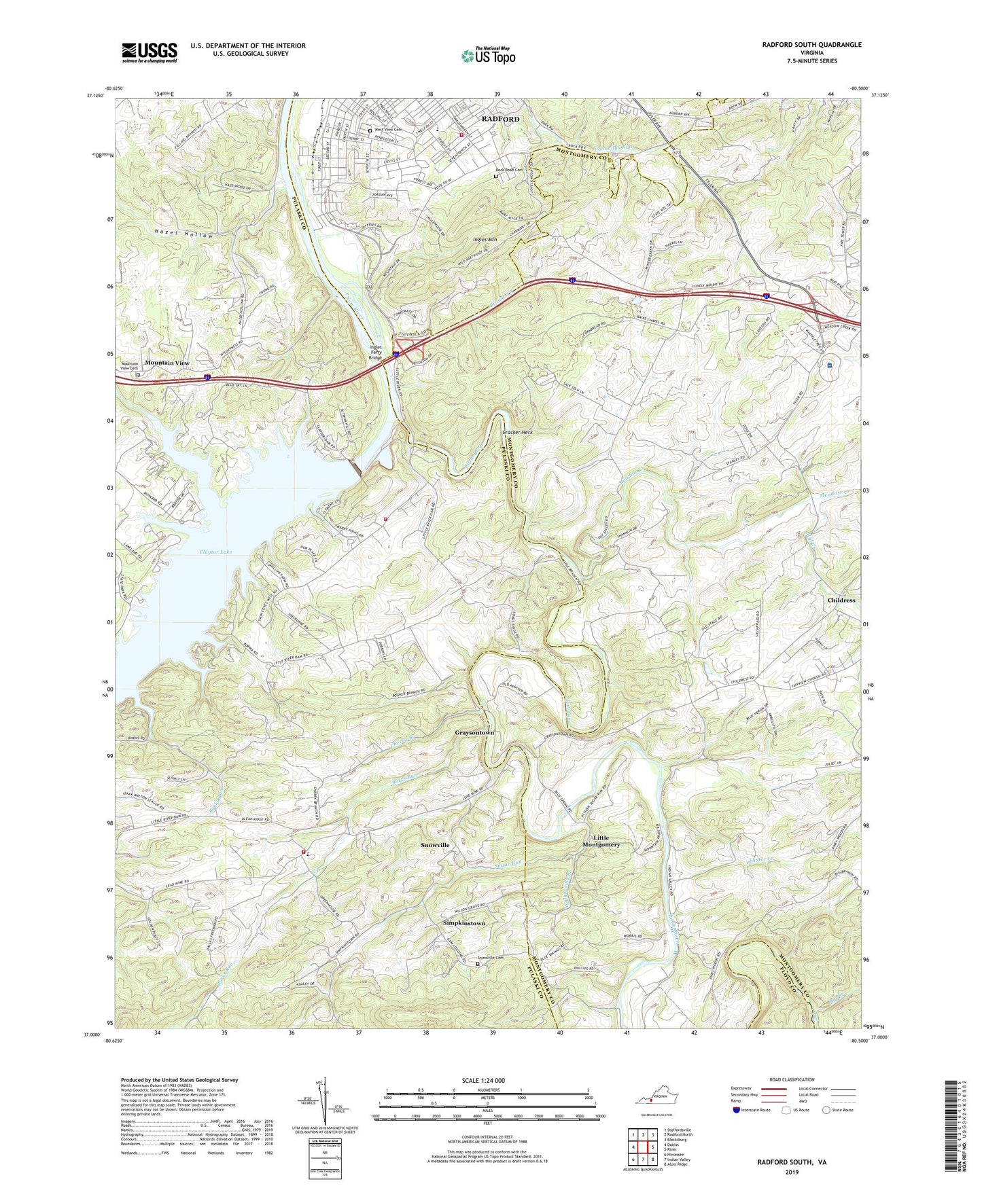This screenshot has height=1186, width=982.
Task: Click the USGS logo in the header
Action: [x=150, y=52]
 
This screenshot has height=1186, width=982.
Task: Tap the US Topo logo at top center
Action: [x=488, y=56]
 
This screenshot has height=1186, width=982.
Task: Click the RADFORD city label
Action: [x=500, y=119]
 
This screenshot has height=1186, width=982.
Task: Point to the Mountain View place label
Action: [x=167, y=363]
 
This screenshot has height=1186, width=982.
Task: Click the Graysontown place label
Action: [x=474, y=733]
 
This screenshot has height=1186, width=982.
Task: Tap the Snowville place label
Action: [x=435, y=845]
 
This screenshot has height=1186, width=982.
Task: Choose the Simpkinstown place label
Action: [x=464, y=923]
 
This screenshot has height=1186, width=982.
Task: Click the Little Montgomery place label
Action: [x=601, y=841]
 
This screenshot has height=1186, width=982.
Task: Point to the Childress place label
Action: [x=841, y=600]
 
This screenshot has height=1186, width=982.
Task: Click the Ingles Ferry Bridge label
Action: [x=376, y=352]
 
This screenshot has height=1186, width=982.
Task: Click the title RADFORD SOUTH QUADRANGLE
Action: [x=811, y=45]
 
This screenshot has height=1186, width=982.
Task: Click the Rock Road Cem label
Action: [x=509, y=170]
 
